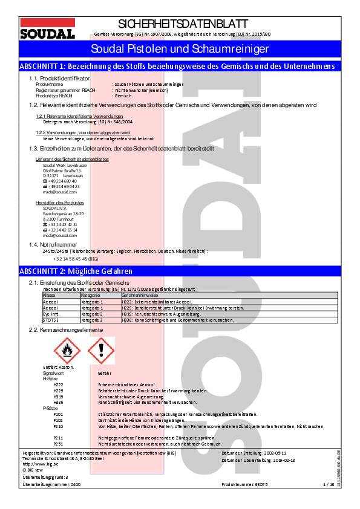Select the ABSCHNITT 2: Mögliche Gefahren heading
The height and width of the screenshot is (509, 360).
[x=76, y=271]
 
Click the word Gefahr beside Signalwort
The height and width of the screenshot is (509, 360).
[x=104, y=374]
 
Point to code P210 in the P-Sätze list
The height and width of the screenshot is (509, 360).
[x=58, y=427]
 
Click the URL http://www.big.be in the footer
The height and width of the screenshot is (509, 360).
[x=37, y=463]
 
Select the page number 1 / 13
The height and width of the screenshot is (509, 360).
[x=329, y=484]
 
